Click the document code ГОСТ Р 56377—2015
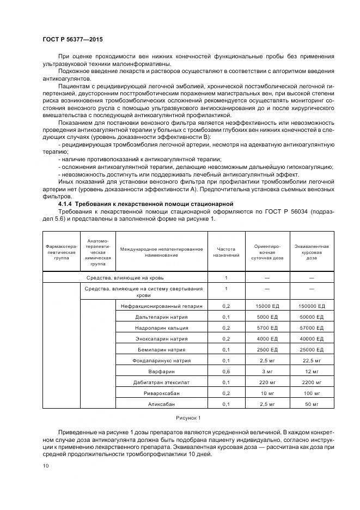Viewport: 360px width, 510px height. coord(72,40)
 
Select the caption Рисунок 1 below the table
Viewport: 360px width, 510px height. coord(188,417)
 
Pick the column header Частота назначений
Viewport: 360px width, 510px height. coord(226,250)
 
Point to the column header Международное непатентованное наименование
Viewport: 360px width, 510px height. coord(161,250)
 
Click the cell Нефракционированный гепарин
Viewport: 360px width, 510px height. coord(161,306)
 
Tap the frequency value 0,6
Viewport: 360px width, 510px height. coord(226,371)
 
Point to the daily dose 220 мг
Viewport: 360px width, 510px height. coord(267,382)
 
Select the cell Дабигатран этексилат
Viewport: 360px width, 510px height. coord(161,382)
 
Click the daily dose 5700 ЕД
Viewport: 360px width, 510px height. coord(267,328)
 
